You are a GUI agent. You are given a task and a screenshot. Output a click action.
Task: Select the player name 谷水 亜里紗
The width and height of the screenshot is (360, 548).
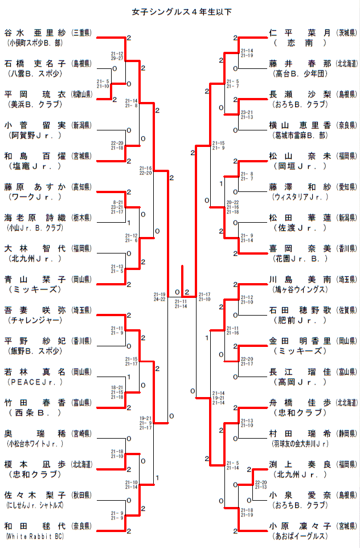click(35, 32)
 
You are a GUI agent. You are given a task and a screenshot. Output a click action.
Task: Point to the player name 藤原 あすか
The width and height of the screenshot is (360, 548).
click(35, 186)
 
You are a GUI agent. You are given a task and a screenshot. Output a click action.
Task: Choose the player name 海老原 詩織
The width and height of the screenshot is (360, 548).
click(35, 218)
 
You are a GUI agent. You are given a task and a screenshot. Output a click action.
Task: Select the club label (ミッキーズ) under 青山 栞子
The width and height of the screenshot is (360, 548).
click(35, 289)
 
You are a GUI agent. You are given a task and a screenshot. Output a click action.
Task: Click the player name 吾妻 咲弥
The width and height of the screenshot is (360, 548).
click(35, 310)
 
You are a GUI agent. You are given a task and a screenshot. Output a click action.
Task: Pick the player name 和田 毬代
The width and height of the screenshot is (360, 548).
click(35, 526)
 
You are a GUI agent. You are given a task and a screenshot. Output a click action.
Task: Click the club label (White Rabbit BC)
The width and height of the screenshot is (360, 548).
click(34, 536)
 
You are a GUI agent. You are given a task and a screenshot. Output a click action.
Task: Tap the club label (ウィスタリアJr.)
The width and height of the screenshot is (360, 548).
click(300, 197)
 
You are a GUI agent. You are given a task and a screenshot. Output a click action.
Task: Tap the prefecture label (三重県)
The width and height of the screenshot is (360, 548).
click(83, 32)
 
